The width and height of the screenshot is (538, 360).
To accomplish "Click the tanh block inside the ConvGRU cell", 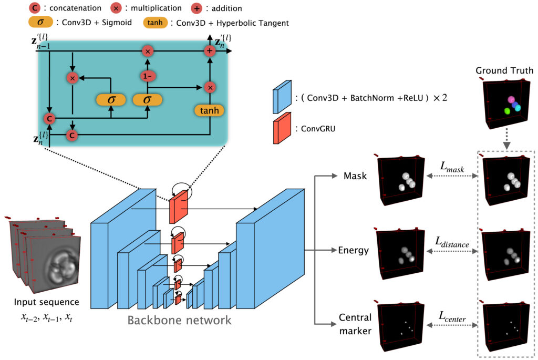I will pyautogui.click(x=209, y=110).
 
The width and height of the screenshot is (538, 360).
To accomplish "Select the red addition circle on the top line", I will pyautogui.click(x=210, y=51).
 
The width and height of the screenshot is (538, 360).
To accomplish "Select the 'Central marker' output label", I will pyautogui.click(x=355, y=324).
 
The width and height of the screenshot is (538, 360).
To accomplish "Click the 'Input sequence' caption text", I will pyautogui.click(x=47, y=302).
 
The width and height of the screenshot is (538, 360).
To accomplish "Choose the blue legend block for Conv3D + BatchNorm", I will pyautogui.click(x=279, y=99).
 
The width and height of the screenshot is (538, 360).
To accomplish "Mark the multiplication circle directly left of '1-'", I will pyautogui.click(x=73, y=77).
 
